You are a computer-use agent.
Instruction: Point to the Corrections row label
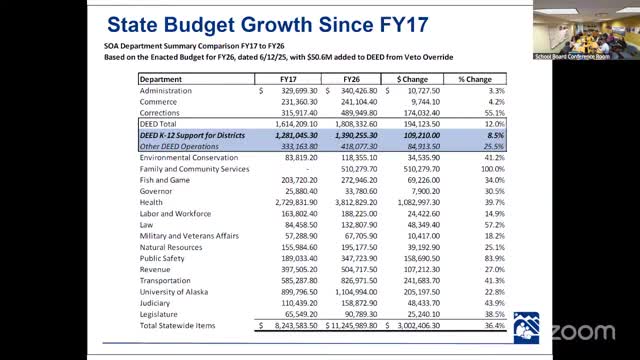(161, 112)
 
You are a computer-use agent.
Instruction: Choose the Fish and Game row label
(165, 180)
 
